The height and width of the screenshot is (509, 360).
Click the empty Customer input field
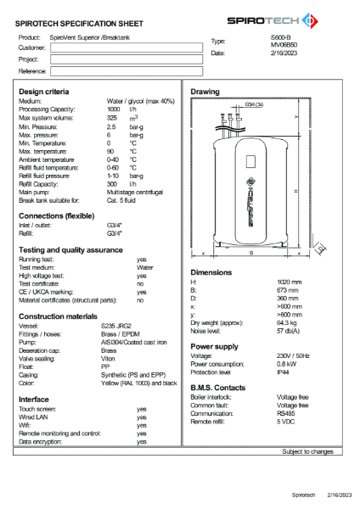pyautogui.click(x=115, y=49)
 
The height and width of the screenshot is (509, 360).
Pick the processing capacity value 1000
pyautogui.click(x=114, y=109)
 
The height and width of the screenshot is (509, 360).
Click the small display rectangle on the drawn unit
pyautogui.click(x=251, y=161)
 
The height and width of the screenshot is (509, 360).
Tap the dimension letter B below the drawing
pyautogui.click(x=251, y=253)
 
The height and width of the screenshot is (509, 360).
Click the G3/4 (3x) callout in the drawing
pyautogui.click(x=253, y=103)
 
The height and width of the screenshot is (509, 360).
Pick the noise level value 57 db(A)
pyautogui.click(x=290, y=330)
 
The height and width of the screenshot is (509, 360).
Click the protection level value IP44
pyautogui.click(x=284, y=372)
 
